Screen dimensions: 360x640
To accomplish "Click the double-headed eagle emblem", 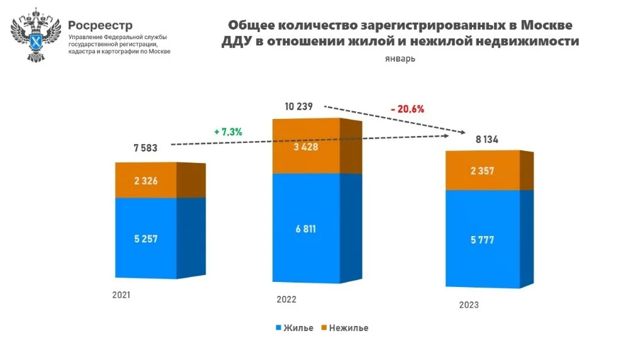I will pyautogui.click(x=36, y=36).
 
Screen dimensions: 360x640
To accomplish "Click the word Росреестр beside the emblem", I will pyautogui.click(x=100, y=25).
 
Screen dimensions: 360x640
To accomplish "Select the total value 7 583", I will pyautogui.click(x=145, y=149).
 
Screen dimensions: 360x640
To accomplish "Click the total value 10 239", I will pyautogui.click(x=298, y=106).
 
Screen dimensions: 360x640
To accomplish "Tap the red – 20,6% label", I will pyautogui.click(x=407, y=108).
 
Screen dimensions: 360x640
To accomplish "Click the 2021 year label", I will pyautogui.click(x=122, y=295).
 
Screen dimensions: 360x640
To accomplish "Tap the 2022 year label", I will pyautogui.click(x=286, y=300).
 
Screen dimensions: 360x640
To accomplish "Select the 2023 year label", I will pyautogui.click(x=469, y=305).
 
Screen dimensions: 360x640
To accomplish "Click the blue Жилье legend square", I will pyautogui.click(x=278, y=328).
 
